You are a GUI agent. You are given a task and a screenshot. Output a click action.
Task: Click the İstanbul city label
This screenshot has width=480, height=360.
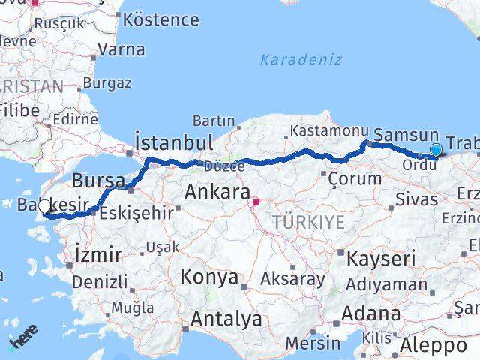175,142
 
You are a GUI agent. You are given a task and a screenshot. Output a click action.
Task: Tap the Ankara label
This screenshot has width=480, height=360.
217,193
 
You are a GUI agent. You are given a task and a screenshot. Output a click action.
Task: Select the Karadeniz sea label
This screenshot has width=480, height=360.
301,59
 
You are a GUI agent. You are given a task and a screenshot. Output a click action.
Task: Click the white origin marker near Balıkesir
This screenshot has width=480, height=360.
45,207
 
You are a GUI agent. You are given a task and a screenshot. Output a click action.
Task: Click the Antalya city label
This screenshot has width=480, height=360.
226,319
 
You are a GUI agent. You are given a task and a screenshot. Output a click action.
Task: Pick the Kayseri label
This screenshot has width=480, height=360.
381,259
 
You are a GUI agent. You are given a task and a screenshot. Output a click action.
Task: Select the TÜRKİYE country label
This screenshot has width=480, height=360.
308,221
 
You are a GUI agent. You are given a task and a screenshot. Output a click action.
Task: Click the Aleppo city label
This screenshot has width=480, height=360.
433,346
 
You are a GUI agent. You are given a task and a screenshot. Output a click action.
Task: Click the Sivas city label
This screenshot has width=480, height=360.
416,199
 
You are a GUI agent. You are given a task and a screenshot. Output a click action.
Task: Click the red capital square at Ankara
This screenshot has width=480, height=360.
256,201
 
